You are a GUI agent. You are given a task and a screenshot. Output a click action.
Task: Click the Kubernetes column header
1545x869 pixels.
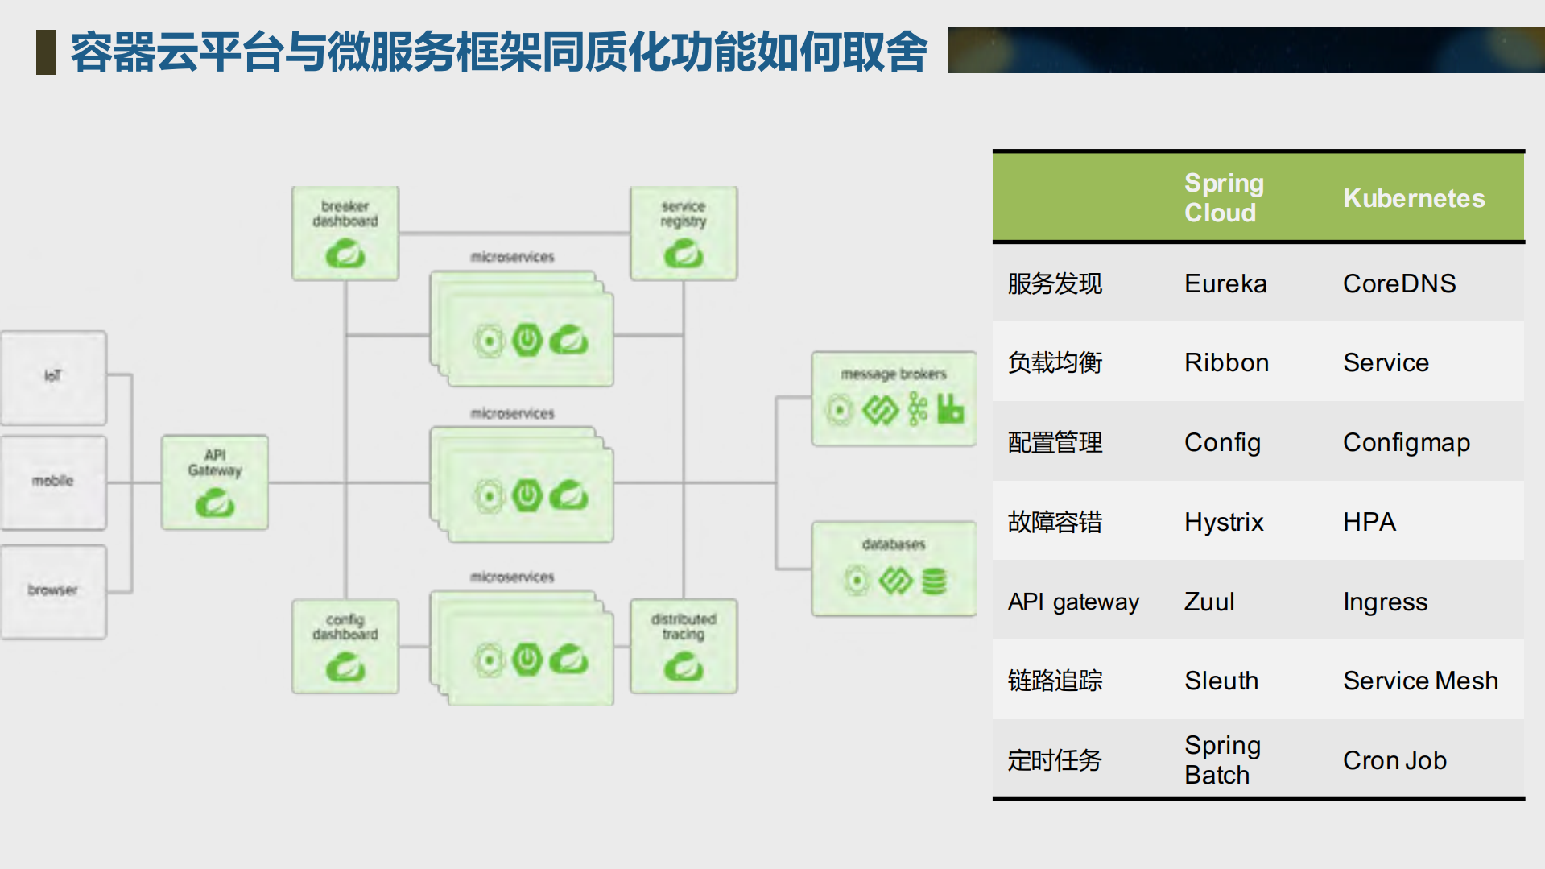[x=1413, y=198]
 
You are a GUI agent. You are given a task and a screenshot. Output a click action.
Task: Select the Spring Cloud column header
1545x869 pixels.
[x=1223, y=197]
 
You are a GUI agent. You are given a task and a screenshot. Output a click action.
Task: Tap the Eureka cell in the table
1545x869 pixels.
[x=1225, y=283]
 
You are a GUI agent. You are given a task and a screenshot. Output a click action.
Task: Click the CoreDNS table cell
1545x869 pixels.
[x=1398, y=283]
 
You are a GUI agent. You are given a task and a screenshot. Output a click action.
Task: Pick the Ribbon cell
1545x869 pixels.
[x=1225, y=362]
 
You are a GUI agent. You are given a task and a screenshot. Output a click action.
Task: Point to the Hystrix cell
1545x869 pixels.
[x=1223, y=522]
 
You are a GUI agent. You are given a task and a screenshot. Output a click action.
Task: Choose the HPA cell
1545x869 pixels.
[x=1369, y=522]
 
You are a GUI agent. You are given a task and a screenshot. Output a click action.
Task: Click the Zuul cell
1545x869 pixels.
[x=1208, y=602]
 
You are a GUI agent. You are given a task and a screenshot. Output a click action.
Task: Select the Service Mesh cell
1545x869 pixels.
[x=1419, y=681]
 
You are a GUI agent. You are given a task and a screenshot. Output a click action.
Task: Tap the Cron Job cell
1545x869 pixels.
[x=1394, y=760]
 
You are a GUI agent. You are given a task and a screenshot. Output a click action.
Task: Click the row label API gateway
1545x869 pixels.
[x=1072, y=602]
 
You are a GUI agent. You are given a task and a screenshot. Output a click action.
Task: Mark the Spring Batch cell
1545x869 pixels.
[x=1221, y=759]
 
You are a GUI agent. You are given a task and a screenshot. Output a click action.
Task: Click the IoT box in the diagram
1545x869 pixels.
[x=53, y=377]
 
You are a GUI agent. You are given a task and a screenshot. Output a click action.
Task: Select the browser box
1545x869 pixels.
[x=53, y=591]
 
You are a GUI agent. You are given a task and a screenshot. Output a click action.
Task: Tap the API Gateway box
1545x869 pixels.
[x=214, y=482]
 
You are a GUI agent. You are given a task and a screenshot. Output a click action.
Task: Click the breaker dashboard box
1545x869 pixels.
[x=345, y=234]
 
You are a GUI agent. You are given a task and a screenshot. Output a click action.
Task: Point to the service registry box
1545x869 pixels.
[x=684, y=234]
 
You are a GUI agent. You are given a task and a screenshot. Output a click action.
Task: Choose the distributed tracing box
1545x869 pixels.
[x=684, y=646]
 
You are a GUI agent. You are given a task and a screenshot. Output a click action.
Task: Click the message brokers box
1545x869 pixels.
[x=893, y=399]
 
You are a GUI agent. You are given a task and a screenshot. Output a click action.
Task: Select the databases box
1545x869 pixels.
[x=893, y=569]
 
